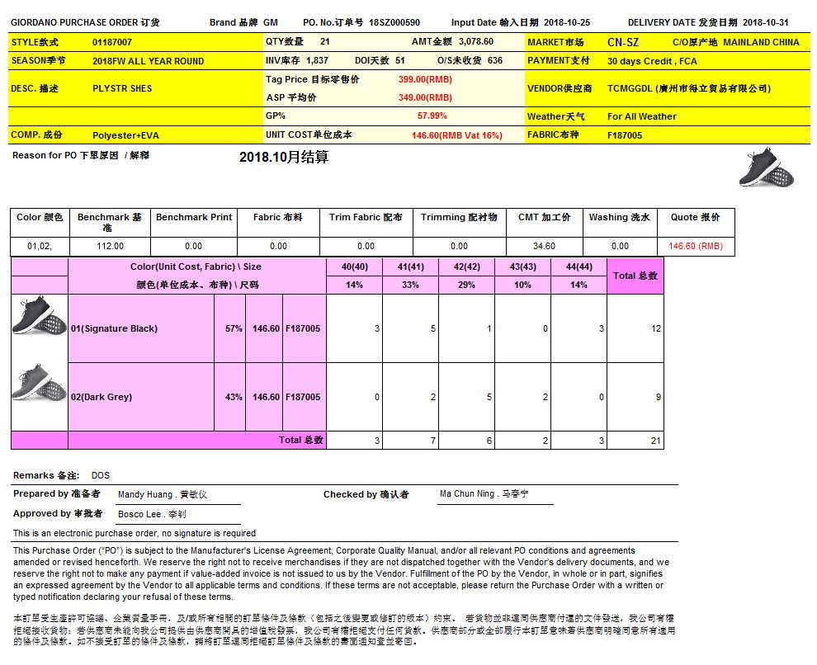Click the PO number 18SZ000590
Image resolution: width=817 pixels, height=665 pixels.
394,22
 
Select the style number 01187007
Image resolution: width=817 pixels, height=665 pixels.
112,41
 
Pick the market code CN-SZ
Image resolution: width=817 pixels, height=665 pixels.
622,42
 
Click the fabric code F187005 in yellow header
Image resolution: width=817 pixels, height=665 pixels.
625,135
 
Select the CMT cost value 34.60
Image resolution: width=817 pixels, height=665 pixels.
544,246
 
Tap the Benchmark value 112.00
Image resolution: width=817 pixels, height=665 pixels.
110,246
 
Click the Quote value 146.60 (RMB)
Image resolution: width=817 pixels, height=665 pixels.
695,246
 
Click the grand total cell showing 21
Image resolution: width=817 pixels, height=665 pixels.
656,441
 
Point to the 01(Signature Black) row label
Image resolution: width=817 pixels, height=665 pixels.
114,328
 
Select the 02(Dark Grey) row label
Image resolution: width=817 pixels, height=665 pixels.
102,397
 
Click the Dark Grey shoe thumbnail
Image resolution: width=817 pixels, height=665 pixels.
40,383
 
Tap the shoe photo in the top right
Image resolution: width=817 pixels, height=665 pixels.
766,167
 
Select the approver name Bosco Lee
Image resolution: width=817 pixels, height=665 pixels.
138,514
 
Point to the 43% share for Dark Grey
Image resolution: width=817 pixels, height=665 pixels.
234,397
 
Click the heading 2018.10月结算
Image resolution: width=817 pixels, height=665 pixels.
284,157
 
